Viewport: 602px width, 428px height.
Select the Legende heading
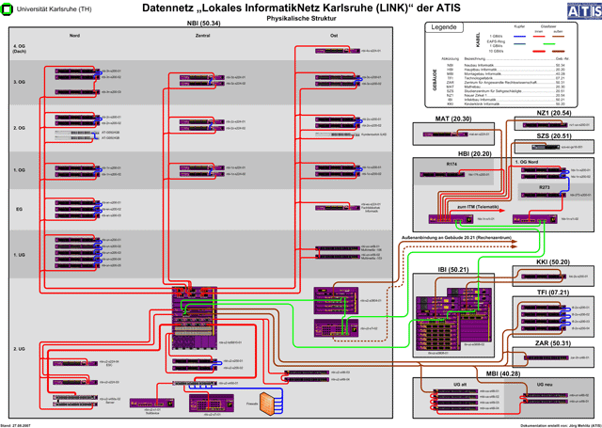point(444,27)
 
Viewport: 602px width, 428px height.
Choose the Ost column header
point(334,35)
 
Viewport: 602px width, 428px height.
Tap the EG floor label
point(19,210)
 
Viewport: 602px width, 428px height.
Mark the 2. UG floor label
point(20,348)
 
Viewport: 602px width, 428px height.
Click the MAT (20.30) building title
point(454,120)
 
